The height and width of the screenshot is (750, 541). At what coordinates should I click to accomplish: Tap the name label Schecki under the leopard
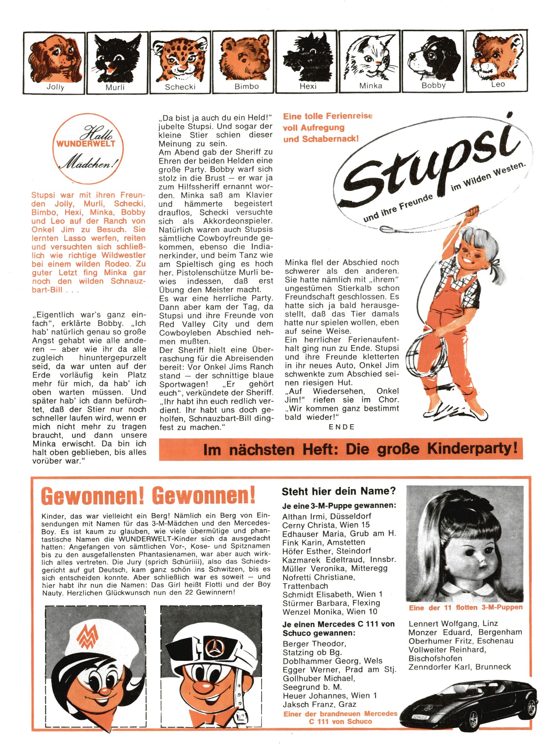click(180, 87)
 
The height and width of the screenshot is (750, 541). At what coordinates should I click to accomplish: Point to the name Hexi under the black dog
click(308, 86)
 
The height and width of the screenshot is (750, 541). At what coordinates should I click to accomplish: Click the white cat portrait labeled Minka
click(371, 58)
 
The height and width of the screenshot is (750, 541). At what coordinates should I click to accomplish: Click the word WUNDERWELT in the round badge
click(86, 144)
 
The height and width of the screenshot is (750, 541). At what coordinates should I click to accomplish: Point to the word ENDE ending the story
click(342, 427)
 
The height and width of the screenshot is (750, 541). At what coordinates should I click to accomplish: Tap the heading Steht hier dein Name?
click(338, 491)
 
